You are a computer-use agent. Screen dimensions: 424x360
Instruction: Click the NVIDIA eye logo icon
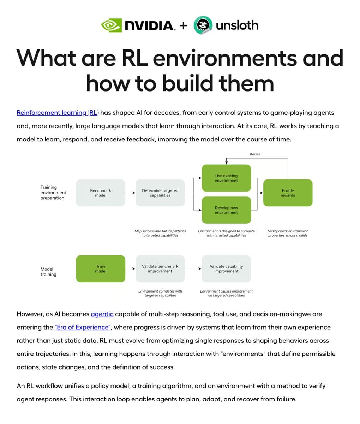tap(111, 25)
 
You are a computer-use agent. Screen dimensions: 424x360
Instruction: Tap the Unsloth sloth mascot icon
tap(203, 25)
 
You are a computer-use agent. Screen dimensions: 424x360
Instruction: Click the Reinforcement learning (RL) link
tap(58, 113)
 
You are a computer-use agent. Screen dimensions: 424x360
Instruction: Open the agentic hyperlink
tap(102, 314)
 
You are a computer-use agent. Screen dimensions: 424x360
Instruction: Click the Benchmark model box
tap(101, 193)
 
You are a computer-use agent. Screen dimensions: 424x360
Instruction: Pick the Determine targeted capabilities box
tap(160, 193)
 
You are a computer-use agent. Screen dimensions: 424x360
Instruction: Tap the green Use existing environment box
tap(226, 178)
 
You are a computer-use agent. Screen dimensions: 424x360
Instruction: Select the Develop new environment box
tap(226, 210)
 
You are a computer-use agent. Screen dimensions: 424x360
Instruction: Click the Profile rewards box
tap(288, 193)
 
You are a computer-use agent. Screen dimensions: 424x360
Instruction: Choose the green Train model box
tap(101, 269)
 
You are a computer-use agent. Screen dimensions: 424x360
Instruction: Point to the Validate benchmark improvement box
tap(160, 269)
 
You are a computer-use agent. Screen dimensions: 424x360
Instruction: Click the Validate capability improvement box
tap(226, 269)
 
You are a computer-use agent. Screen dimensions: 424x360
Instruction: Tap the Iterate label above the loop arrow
tap(255, 154)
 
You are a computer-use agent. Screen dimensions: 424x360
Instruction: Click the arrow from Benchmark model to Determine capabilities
tap(130, 193)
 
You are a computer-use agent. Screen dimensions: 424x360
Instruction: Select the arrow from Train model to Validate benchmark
tap(130, 269)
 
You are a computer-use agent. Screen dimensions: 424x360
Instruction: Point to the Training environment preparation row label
tap(53, 193)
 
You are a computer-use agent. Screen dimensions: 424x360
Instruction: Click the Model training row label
tap(48, 272)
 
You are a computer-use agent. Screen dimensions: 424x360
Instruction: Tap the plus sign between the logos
tap(183, 25)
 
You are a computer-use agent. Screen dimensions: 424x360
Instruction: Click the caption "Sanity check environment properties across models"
tap(288, 233)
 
